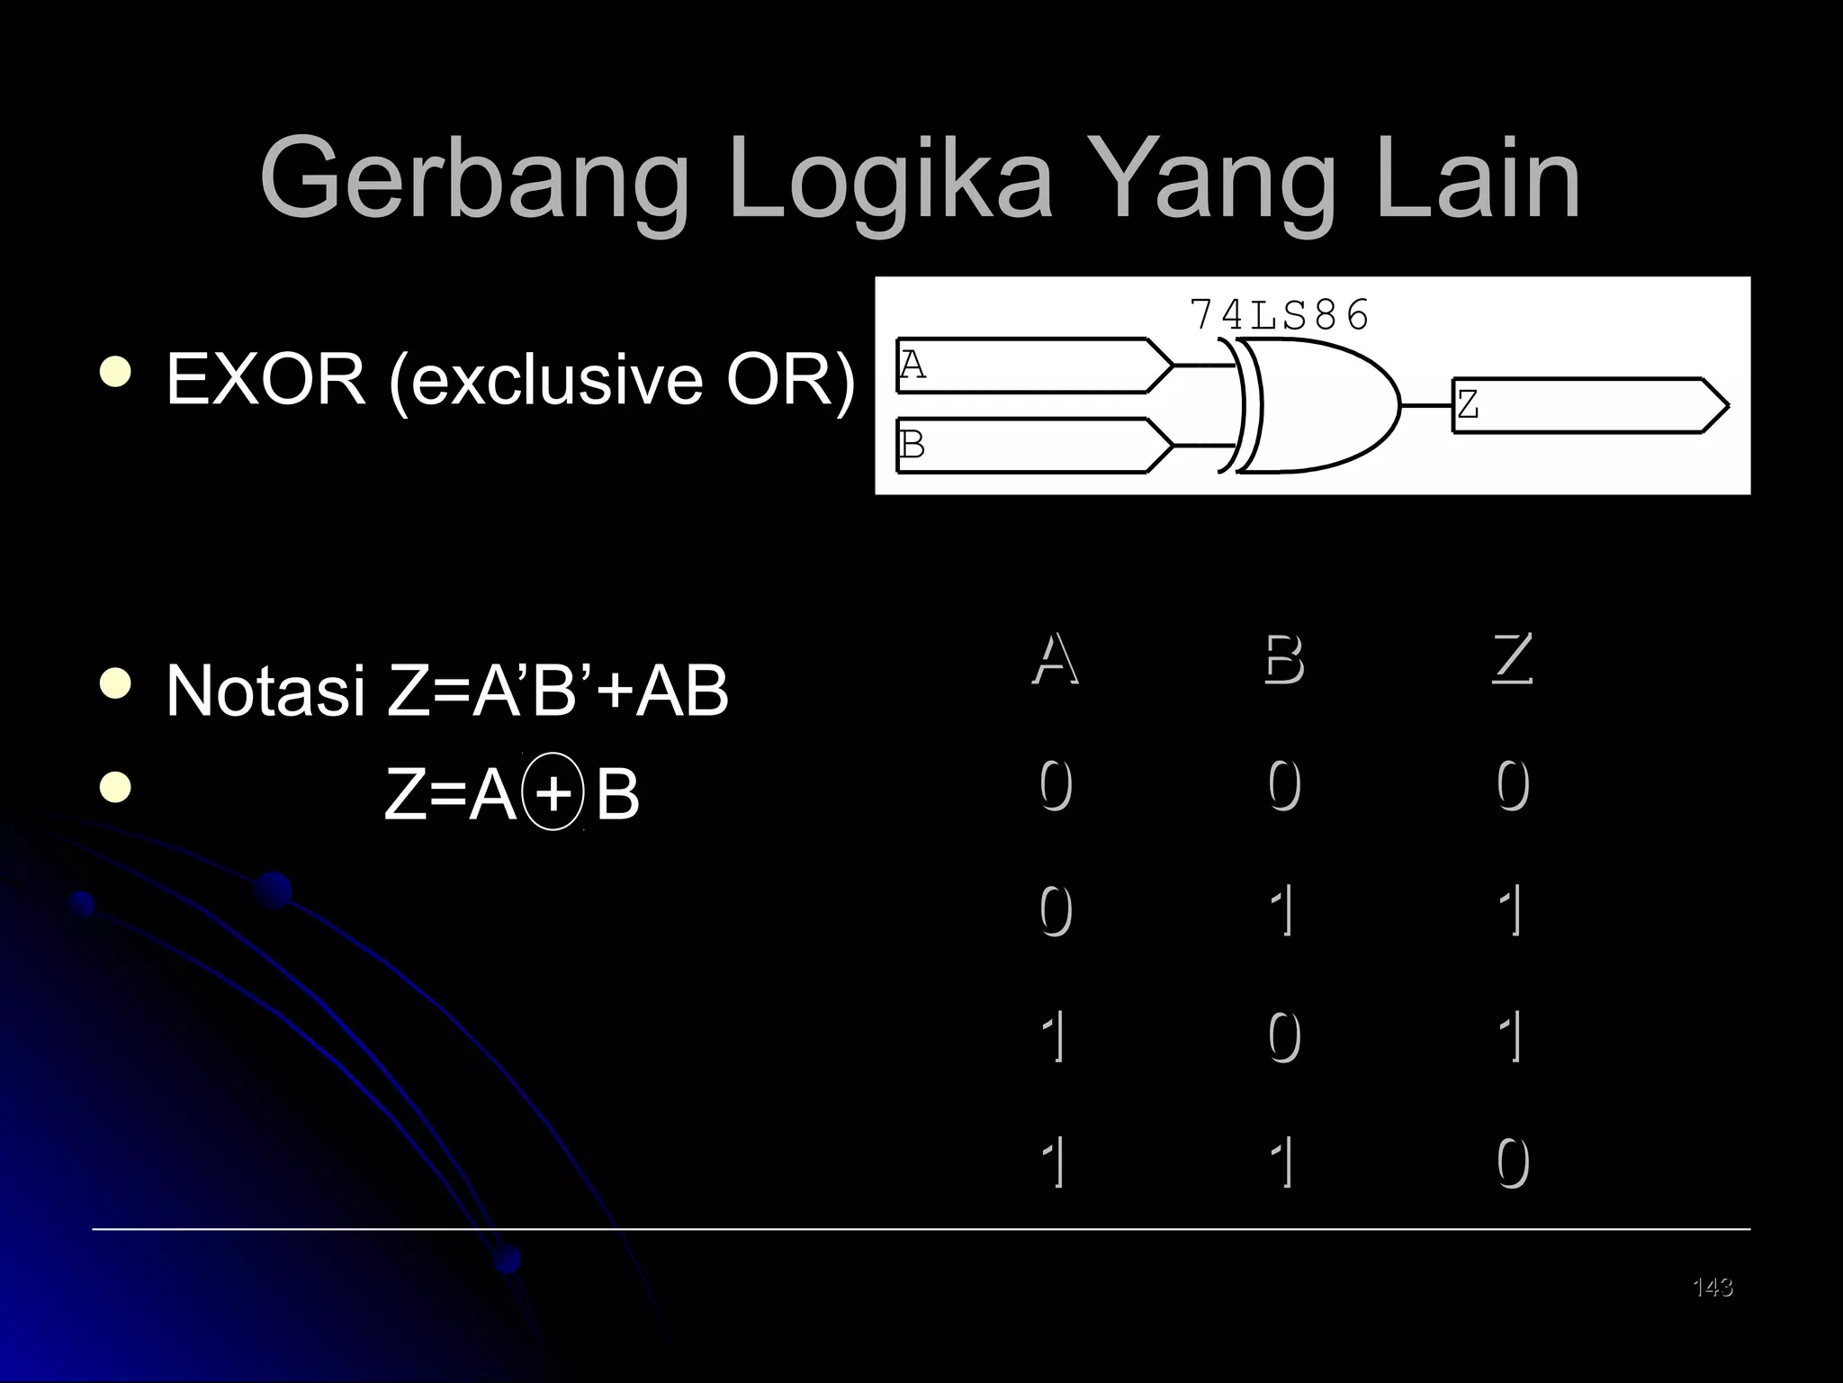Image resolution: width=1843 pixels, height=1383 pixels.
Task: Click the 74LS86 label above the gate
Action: click(x=1279, y=315)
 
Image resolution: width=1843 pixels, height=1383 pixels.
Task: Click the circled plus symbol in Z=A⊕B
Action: click(x=553, y=792)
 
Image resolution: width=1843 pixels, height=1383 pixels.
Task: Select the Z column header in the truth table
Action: click(x=1512, y=659)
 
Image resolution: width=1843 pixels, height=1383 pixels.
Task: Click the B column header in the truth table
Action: click(x=1283, y=659)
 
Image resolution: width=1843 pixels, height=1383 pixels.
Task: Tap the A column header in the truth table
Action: click(x=1055, y=659)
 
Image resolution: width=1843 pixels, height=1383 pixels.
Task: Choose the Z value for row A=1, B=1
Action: click(x=1513, y=1163)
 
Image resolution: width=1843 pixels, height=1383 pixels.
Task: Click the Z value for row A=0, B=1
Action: click(x=1513, y=910)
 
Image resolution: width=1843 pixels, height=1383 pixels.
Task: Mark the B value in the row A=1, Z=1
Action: click(x=1284, y=1037)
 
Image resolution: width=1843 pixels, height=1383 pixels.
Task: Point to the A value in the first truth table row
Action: click(x=1056, y=785)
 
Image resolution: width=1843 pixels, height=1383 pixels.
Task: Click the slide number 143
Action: click(x=1713, y=1288)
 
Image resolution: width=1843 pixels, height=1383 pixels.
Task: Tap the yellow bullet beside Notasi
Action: click(x=115, y=686)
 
